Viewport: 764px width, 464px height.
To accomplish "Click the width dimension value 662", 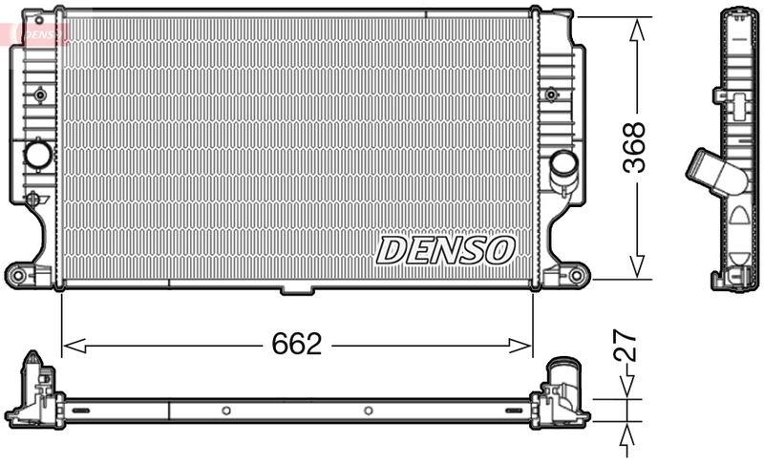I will pos(296,346).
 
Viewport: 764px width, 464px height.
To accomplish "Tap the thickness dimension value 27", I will pos(626,346).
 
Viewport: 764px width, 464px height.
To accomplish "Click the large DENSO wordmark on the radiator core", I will pos(445,250).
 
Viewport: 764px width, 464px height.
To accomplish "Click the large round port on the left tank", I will pos(38,154).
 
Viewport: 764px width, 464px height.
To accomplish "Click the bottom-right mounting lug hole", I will pos(577,276).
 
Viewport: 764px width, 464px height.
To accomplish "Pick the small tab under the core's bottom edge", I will pos(296,289).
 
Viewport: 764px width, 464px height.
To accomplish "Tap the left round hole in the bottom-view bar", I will pos(226,411).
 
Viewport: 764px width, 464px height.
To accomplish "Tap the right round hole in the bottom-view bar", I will pos(368,411).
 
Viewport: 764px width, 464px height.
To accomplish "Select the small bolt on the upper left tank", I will pos(40,95).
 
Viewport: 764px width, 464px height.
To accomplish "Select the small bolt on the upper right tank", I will pos(551,95).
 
